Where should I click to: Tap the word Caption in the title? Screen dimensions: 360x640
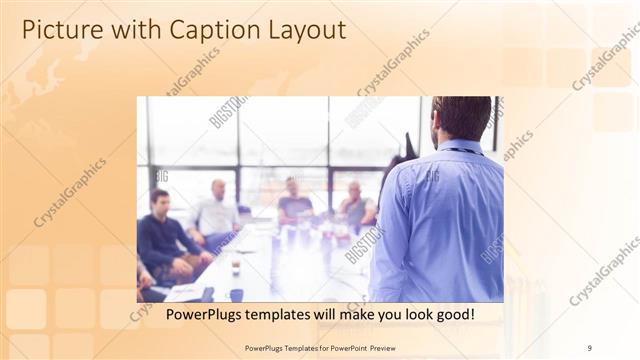185,29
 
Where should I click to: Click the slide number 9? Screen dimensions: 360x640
590,347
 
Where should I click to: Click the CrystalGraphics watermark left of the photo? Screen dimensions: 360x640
70,190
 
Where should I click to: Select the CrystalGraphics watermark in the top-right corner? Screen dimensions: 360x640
605,60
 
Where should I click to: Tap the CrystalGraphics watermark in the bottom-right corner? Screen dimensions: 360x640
605,270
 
